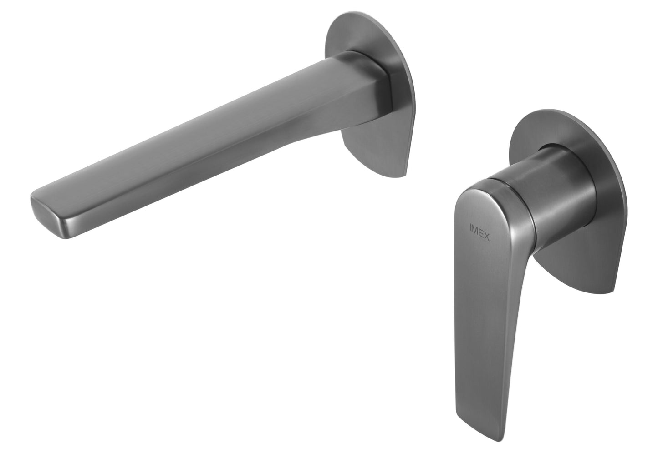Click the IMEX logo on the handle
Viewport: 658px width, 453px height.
[x=479, y=228]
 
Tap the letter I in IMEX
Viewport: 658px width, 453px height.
[x=471, y=225]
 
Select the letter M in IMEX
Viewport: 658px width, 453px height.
[x=475, y=226]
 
